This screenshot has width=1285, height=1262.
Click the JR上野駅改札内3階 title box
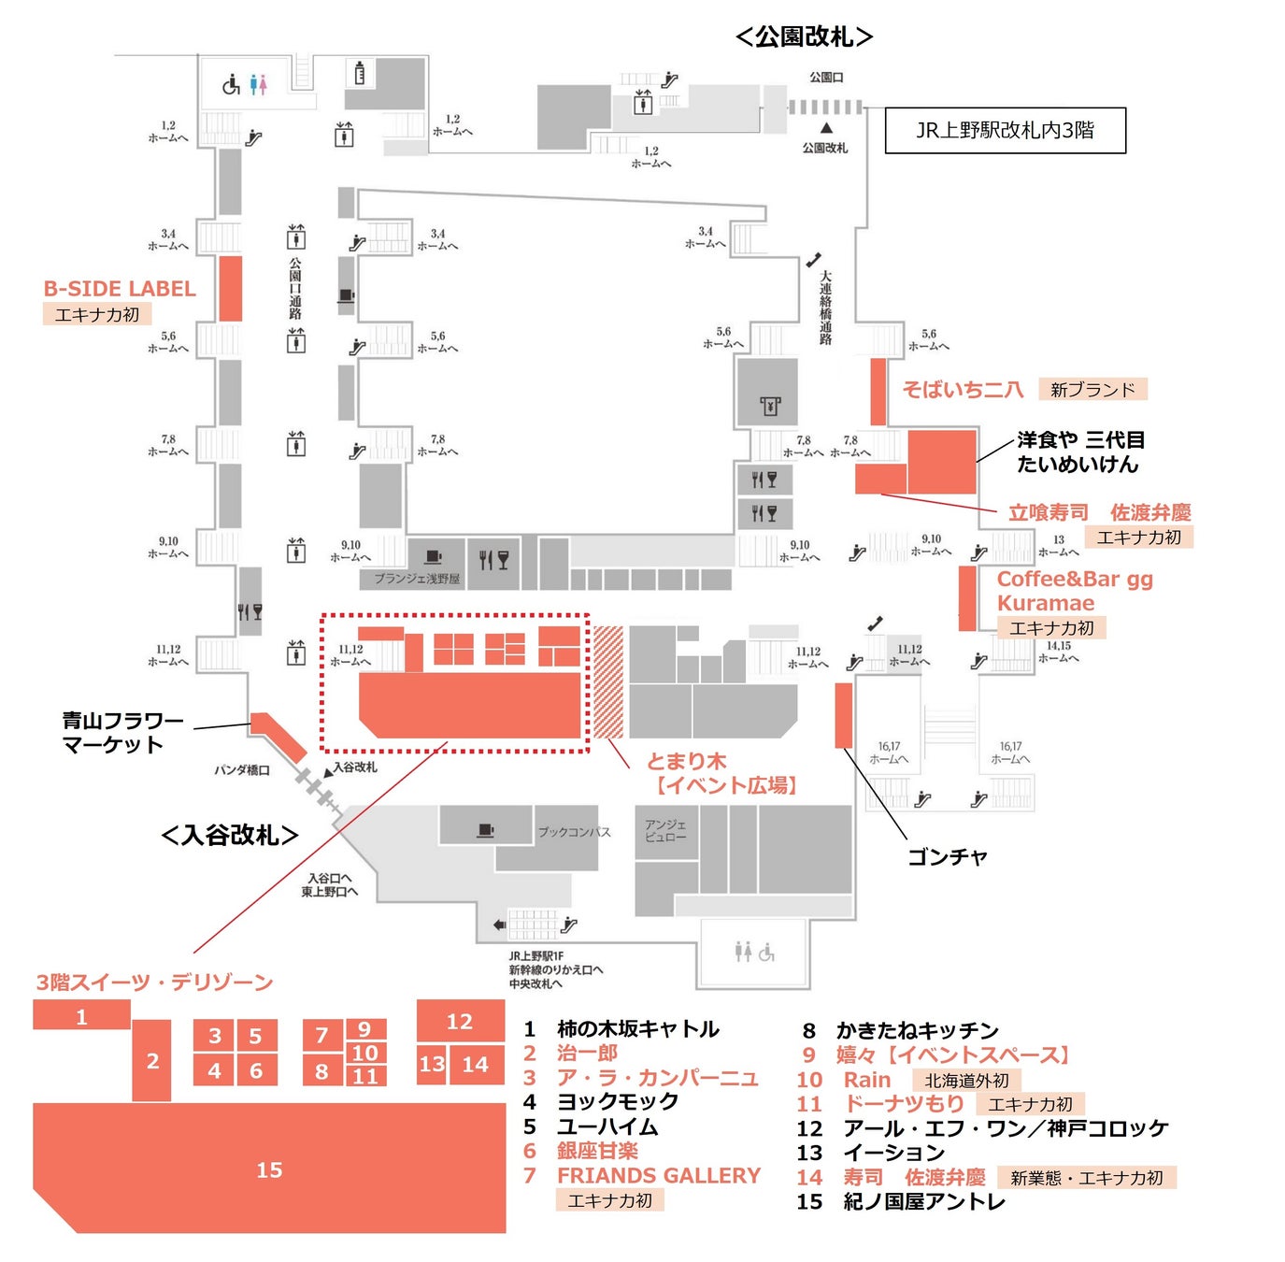[x=1005, y=130]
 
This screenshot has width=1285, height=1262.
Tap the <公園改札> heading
[x=804, y=36]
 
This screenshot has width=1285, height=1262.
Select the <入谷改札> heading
[x=230, y=834]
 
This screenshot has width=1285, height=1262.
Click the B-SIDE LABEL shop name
[x=120, y=289]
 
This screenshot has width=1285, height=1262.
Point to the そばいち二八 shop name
[x=963, y=389]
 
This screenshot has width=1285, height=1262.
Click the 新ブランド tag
[x=1092, y=389]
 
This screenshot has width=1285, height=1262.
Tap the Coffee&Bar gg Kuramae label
[x=1074, y=591]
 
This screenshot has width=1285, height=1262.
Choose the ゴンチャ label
[x=947, y=856]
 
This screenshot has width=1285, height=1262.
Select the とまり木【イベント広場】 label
[x=721, y=773]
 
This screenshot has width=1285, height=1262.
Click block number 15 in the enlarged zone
[x=269, y=1169]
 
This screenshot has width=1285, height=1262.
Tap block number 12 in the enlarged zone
[x=459, y=1021]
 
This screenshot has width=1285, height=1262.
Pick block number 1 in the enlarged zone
[x=81, y=1016]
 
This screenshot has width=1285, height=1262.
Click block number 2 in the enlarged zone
[x=152, y=1061]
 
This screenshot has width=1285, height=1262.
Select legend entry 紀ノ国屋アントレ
[x=923, y=1201]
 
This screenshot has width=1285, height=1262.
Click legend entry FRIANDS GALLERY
[x=658, y=1175]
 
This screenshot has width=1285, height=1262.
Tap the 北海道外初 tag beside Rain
[x=966, y=1080]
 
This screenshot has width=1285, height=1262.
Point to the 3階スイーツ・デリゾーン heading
[x=154, y=982]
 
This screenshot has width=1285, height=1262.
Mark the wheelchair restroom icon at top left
[x=231, y=86]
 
